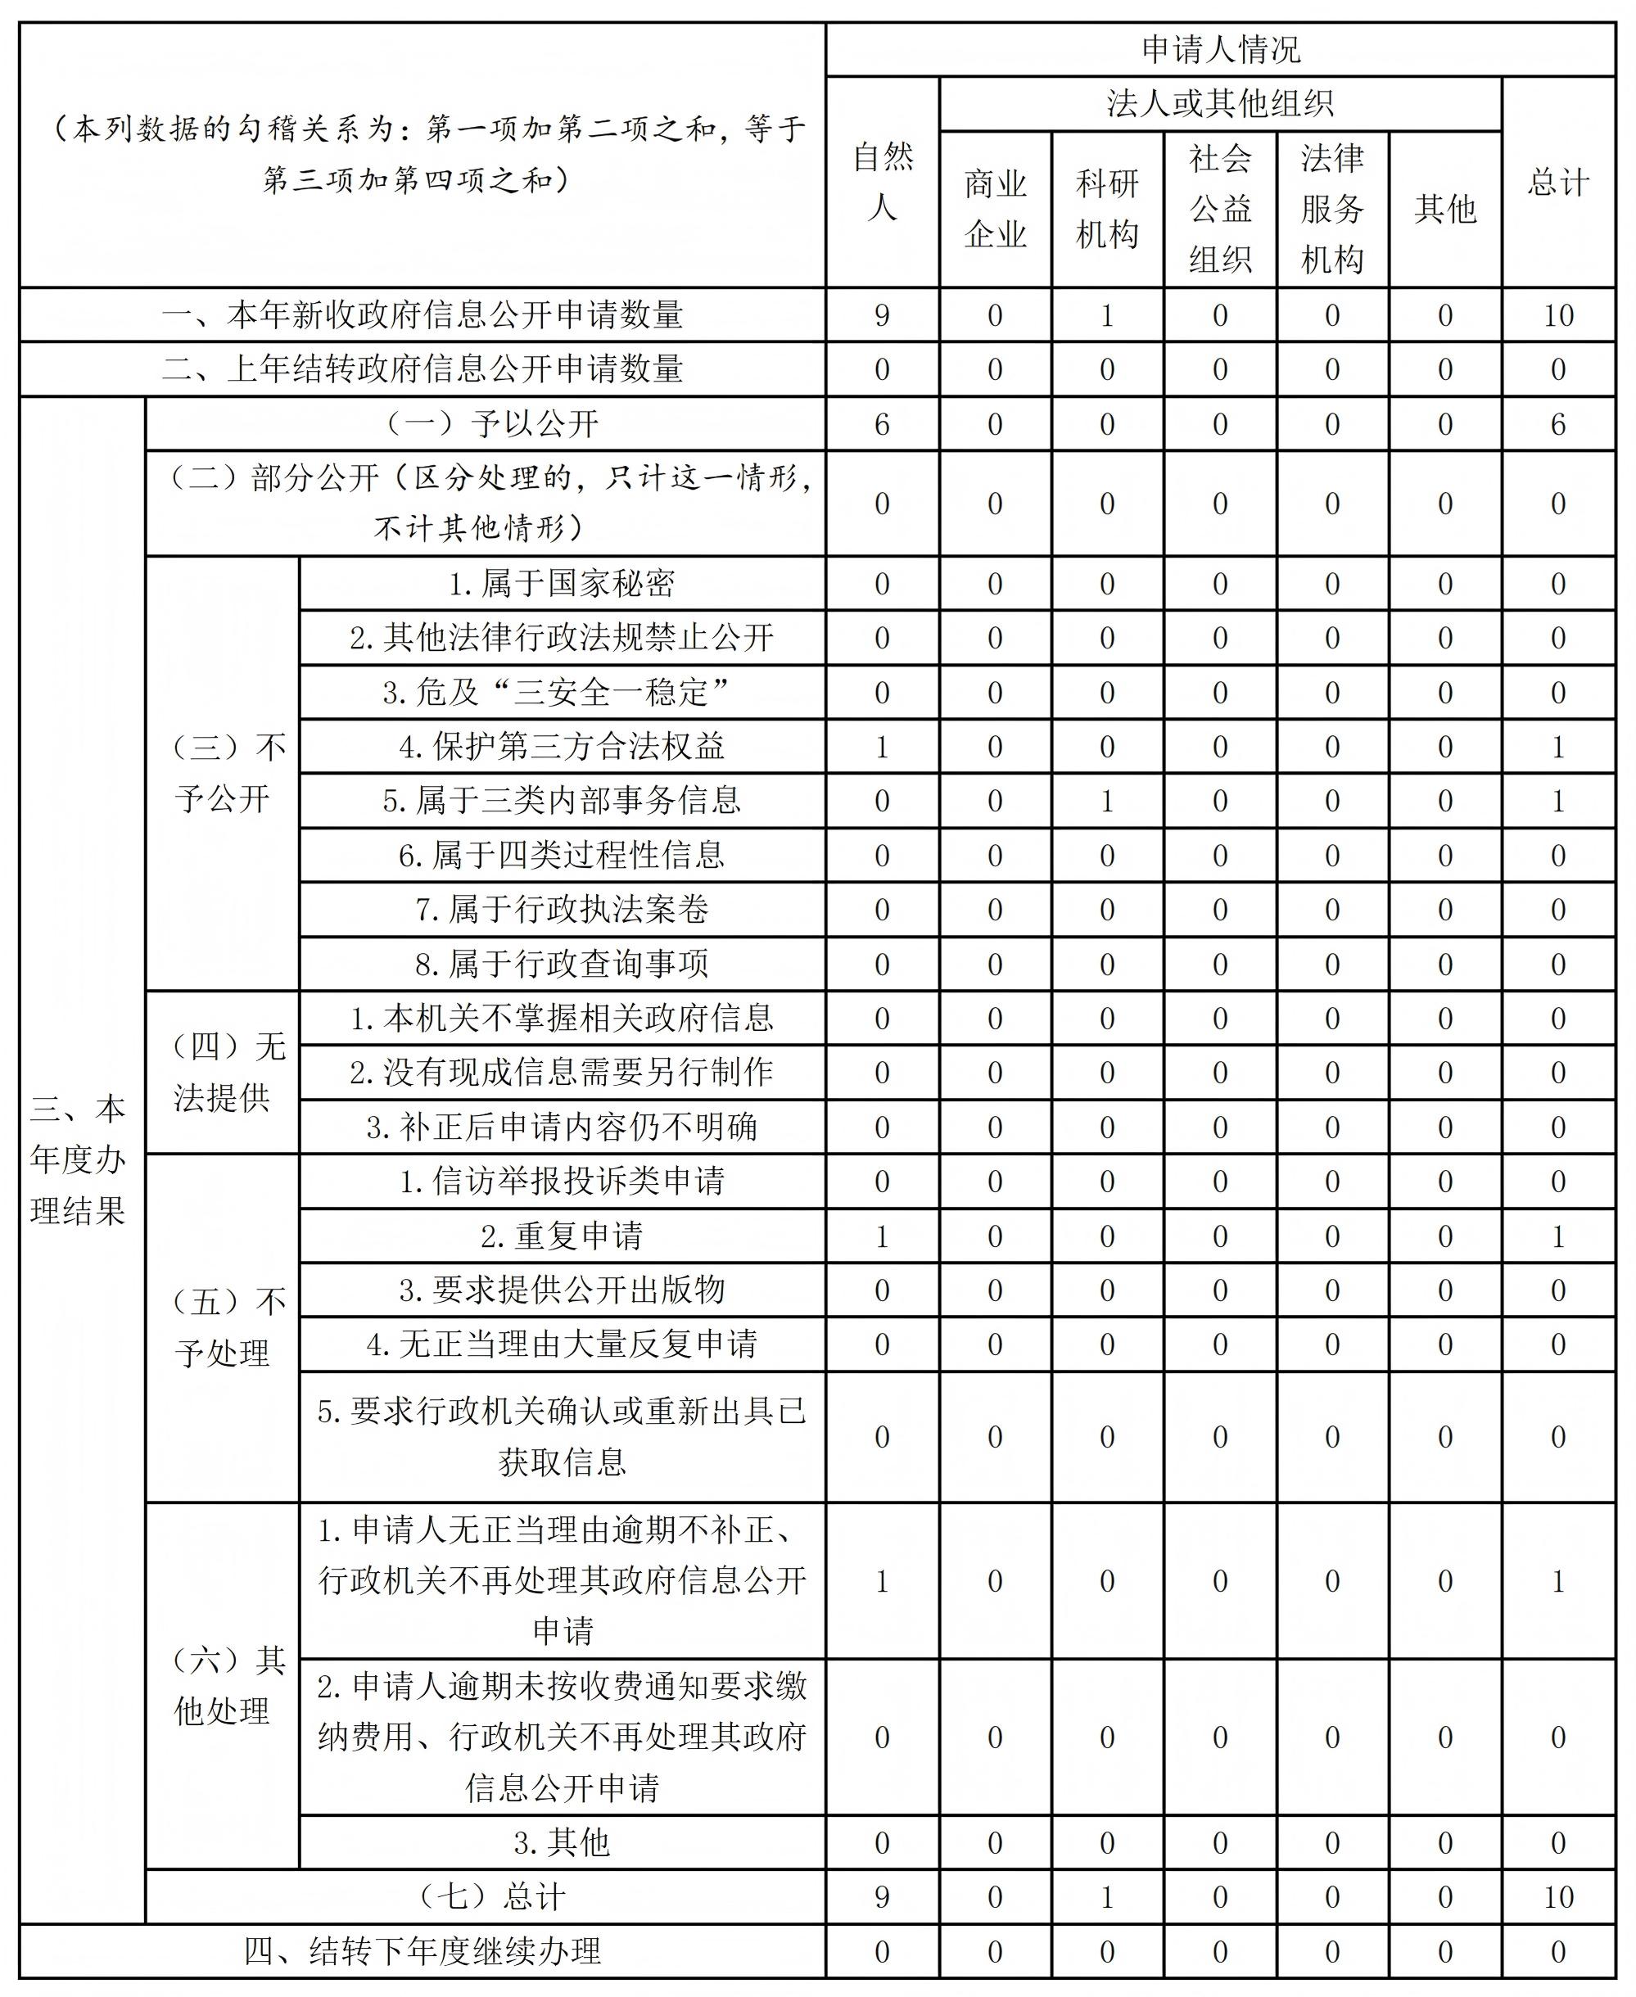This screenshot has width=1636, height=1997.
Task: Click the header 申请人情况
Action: tap(1220, 49)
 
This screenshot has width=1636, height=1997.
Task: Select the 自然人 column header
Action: tap(882, 182)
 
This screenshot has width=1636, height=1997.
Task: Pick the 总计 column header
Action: tap(1559, 182)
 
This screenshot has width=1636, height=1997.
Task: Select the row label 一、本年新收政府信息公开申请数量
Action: tap(423, 314)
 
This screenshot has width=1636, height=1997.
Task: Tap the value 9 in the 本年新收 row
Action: tap(882, 314)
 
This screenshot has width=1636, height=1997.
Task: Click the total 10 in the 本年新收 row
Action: tap(1559, 314)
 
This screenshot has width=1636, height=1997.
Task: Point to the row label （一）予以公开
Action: tap(486, 424)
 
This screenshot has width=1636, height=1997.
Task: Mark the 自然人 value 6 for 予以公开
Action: tap(882, 424)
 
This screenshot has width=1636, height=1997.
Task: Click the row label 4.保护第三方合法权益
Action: tap(563, 747)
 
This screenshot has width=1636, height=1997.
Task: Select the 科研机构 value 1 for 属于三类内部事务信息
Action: tap(1107, 801)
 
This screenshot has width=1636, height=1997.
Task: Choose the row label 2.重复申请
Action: tap(563, 1236)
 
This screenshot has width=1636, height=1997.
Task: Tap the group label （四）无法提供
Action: tap(223, 1073)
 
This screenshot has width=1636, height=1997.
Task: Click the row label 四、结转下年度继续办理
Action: tap(423, 1951)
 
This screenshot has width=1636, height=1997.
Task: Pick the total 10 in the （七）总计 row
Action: tap(1559, 1896)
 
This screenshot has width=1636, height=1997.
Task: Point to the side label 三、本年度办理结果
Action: tap(79, 1159)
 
